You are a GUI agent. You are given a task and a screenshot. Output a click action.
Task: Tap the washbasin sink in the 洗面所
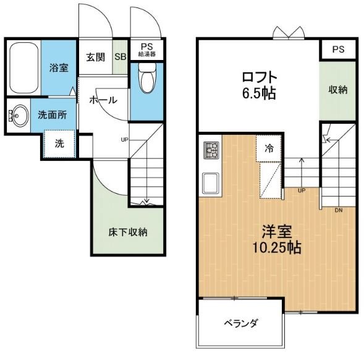17,115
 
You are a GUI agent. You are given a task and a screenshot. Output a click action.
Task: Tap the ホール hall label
102,100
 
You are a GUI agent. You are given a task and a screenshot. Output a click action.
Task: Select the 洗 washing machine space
59,144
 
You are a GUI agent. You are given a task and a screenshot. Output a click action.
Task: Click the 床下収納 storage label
128,233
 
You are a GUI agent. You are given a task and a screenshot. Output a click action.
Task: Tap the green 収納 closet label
337,90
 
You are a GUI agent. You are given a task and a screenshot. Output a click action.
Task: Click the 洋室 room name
276,233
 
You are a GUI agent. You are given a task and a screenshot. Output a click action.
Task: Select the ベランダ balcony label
241,324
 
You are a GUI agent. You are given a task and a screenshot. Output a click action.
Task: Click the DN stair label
339,209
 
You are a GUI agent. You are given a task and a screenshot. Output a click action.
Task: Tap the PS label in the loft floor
337,49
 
